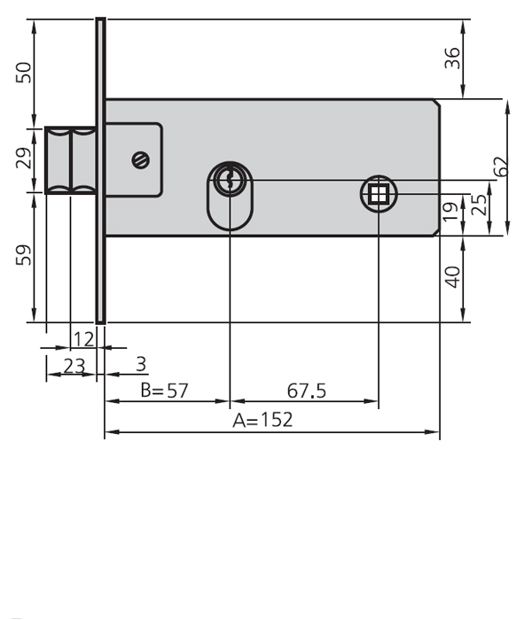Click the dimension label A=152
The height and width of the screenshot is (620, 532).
click(262, 420)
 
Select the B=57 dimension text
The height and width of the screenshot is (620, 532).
click(165, 391)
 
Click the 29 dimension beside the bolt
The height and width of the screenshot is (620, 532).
click(25, 159)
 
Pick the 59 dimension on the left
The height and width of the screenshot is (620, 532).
click(25, 255)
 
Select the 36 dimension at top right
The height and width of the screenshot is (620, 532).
click(452, 58)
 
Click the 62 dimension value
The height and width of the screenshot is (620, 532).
click(501, 167)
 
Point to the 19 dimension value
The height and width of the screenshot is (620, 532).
click(451, 212)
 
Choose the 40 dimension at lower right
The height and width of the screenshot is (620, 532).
click(452, 278)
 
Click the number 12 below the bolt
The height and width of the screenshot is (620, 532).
click(83, 338)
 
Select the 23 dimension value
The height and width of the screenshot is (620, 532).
click(73, 364)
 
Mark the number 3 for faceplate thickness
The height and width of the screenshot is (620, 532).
click(141, 364)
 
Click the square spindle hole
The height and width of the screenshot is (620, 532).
click(379, 193)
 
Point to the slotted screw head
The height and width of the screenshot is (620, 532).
click(140, 159)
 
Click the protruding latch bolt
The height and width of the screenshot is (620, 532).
click(70, 159)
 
